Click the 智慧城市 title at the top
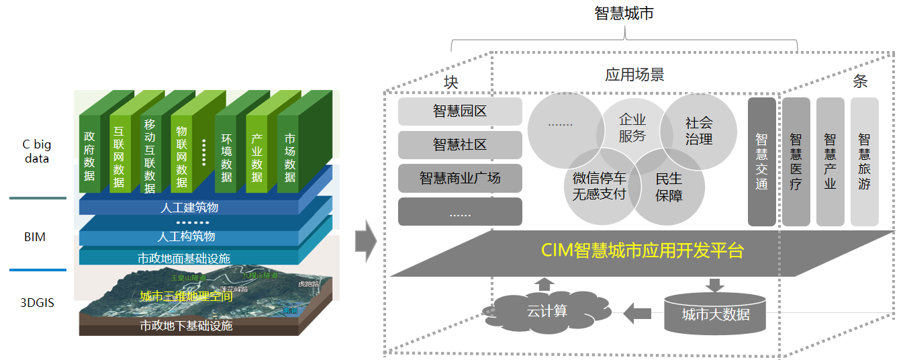(624, 13)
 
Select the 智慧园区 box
(460, 111)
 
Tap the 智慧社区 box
(460, 144)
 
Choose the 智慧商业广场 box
(460, 178)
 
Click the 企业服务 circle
(632, 128)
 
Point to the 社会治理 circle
(699, 131)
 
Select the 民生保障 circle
(669, 186)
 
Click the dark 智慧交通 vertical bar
(761, 161)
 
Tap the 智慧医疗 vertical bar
(796, 161)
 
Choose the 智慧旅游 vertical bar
(864, 161)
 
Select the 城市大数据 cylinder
(715, 313)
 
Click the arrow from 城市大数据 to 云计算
(637, 312)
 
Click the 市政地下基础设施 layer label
(186, 326)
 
